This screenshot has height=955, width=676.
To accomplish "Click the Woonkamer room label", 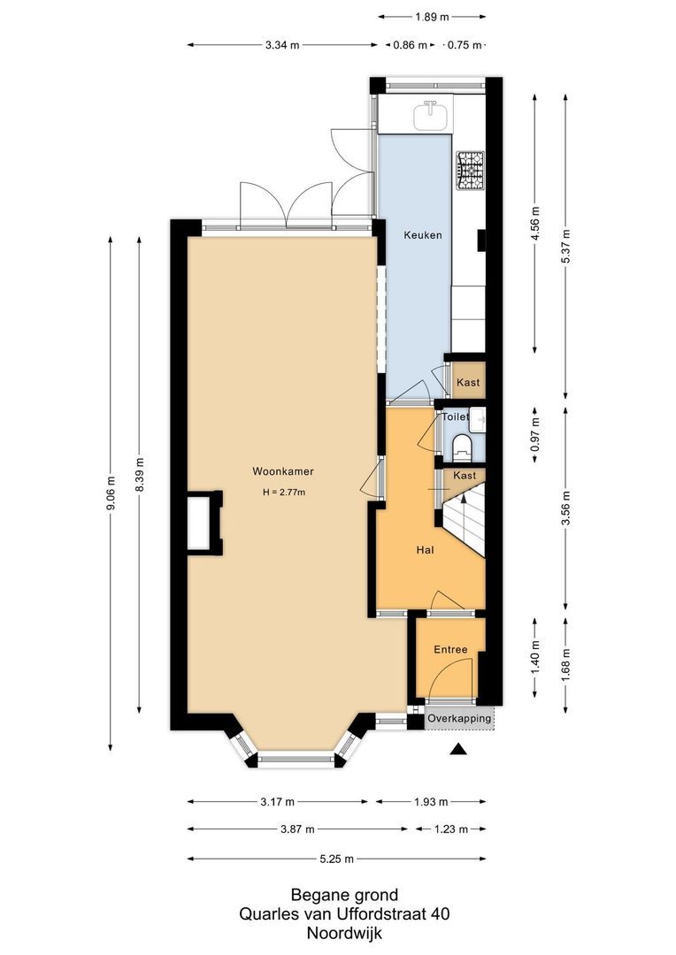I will click(282, 471).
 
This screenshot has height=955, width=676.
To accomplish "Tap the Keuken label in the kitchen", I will click(422, 235).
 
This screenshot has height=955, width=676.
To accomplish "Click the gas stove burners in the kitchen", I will click(470, 171).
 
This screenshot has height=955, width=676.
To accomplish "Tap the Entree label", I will click(449, 650).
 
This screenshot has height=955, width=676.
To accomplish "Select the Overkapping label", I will click(459, 719).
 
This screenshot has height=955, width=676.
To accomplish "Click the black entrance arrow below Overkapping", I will click(457, 751).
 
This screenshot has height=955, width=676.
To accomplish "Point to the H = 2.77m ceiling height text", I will click(283, 493).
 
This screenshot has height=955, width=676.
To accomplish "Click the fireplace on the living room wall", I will click(202, 523).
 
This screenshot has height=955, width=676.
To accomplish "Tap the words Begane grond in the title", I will click(344, 895).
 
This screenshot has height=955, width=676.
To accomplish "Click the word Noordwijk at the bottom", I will click(344, 932).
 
